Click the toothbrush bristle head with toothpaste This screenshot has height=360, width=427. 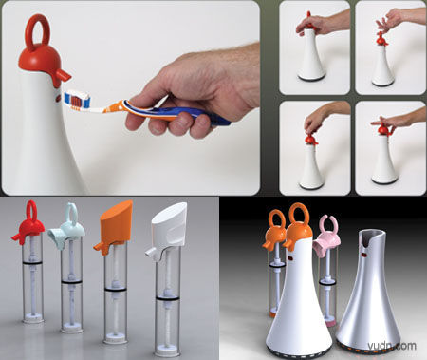pos(78,100)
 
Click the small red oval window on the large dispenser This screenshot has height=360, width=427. pos(58,99)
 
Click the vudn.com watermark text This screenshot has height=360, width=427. pos(392,346)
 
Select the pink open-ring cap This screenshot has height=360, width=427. pos(326,237)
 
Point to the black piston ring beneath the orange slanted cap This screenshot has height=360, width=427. pos(116,289)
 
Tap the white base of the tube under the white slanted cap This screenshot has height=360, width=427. pos(168,351)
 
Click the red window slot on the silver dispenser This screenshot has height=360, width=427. pos(364,255)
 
